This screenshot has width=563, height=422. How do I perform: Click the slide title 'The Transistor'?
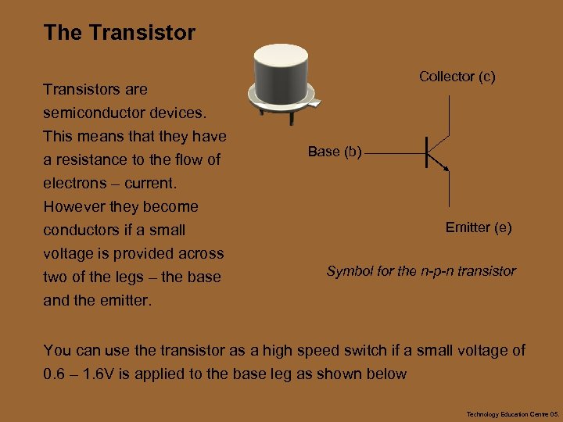point(120,33)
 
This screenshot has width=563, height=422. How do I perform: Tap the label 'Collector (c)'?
point(457,77)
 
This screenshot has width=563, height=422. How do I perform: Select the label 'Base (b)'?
point(334,152)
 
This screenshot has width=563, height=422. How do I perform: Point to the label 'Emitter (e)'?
point(479,227)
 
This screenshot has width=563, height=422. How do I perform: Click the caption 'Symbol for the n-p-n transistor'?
point(421,271)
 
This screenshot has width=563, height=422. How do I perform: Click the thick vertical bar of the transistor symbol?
point(426,152)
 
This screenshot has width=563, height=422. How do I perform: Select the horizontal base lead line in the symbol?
point(394,152)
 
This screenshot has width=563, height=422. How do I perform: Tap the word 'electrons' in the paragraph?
point(74,183)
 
